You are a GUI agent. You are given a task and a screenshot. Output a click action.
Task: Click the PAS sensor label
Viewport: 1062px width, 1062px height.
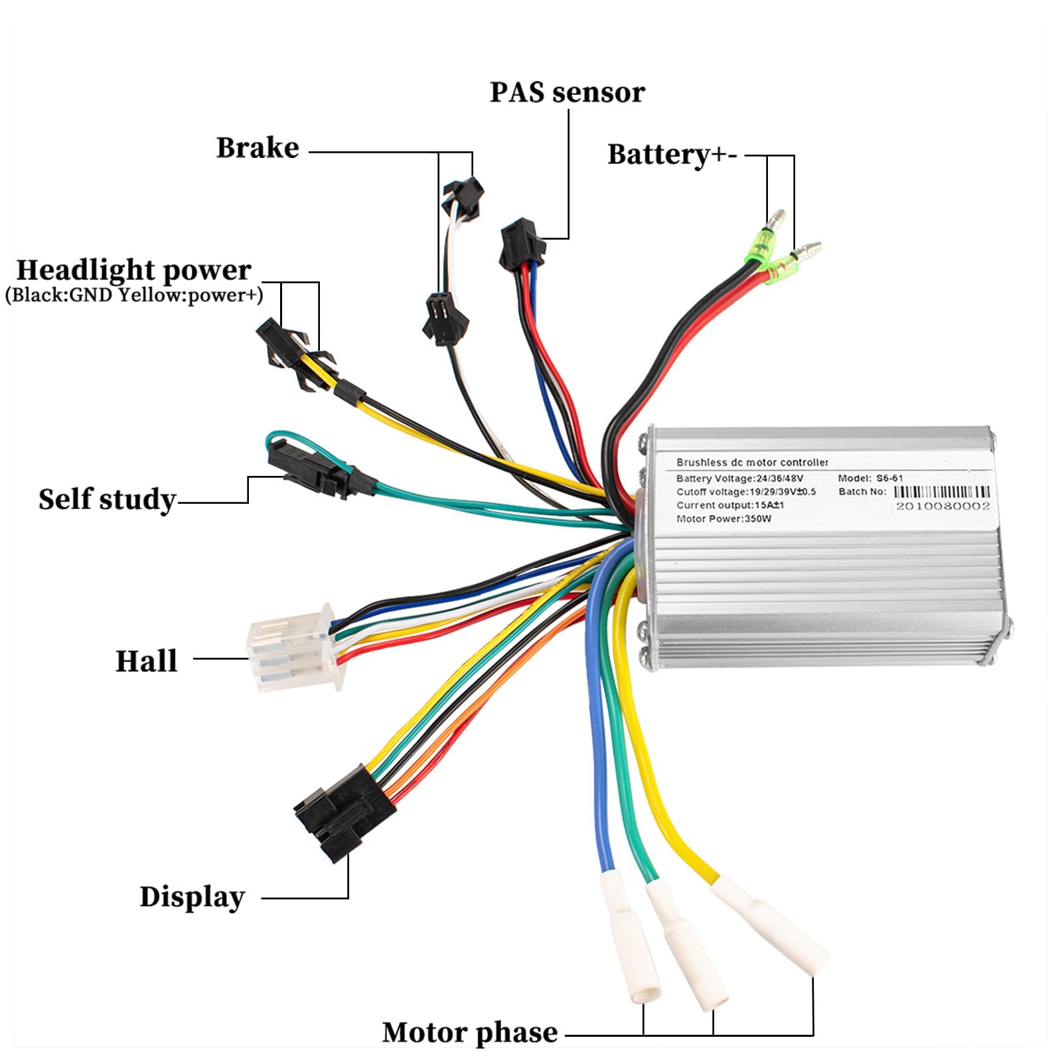[x=566, y=92]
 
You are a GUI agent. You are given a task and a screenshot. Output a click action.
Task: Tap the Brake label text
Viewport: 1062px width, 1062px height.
[x=258, y=147]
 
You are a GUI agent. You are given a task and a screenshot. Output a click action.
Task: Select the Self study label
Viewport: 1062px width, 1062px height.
[x=107, y=499]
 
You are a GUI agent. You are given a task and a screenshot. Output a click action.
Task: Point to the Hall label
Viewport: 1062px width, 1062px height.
[x=147, y=661]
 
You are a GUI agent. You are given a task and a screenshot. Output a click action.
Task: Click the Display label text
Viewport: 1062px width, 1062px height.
[x=192, y=896]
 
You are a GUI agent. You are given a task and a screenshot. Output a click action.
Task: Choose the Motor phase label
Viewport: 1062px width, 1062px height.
[x=470, y=1032]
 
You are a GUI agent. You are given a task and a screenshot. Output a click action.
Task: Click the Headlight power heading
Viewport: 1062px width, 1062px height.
[x=133, y=270]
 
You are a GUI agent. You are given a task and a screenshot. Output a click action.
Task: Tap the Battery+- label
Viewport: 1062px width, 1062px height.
[x=672, y=155]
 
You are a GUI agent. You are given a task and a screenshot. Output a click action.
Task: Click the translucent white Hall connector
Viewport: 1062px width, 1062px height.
[x=292, y=647]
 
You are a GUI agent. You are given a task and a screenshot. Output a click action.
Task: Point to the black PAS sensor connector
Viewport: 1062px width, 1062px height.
[x=522, y=244]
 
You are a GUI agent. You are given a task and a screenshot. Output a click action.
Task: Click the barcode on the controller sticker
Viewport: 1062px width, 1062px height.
[x=941, y=492]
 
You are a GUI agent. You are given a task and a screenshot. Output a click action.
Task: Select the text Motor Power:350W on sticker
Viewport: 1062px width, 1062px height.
[x=723, y=518]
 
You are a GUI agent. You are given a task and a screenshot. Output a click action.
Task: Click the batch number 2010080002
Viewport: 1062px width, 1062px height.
[x=943, y=506]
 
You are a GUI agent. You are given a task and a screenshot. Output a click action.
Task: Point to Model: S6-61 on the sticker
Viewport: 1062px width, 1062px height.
[x=870, y=478]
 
